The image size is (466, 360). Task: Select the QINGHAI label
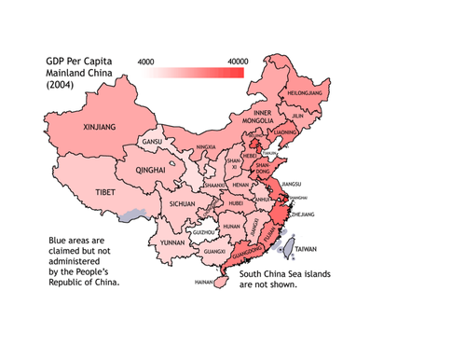pyautogui.click(x=150, y=172)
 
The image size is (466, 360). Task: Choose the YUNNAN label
pyautogui.click(x=173, y=242)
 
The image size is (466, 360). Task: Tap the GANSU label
pyautogui.click(x=152, y=142)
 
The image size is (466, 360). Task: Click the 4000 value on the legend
pyautogui.click(x=146, y=62)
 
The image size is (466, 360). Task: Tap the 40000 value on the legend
pyautogui.click(x=237, y=62)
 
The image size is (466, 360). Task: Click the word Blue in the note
pyautogui.click(x=60, y=241)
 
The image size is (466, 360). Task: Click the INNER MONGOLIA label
pyautogui.click(x=259, y=117)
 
